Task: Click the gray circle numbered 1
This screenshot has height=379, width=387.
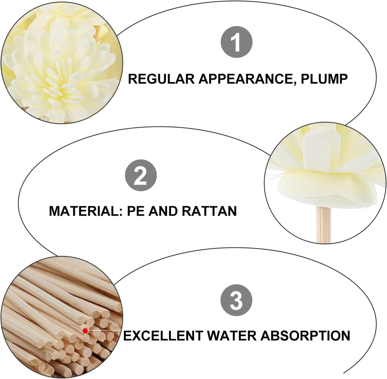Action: pos(236,42)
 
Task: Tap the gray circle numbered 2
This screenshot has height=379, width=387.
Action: pos(141,175)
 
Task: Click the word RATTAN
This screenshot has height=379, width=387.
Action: pos(209,211)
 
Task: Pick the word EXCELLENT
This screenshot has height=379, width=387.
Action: pos(163,335)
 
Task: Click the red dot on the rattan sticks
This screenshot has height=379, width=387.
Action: pos(85,331)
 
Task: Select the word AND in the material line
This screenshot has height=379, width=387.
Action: pos(162,211)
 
